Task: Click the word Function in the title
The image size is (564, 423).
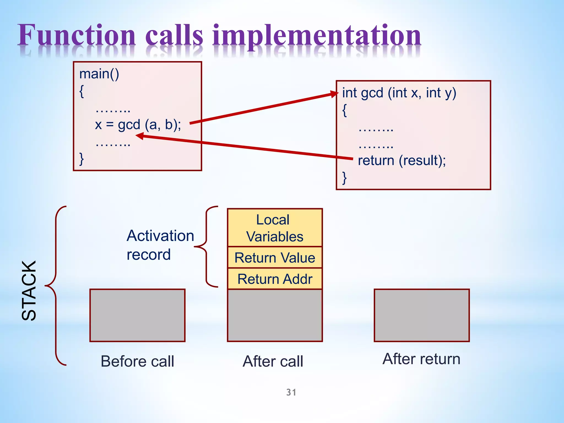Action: pyautogui.click(x=77, y=36)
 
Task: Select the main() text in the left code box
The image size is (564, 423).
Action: pyautogui.click(x=99, y=74)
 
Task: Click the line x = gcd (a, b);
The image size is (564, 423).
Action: pyautogui.click(x=138, y=124)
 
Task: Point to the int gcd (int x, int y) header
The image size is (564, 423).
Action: pyautogui.click(x=399, y=93)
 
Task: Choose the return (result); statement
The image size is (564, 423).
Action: pyautogui.click(x=402, y=160)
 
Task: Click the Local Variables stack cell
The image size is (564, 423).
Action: pyautogui.click(x=275, y=228)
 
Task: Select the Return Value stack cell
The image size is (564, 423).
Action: pyautogui.click(x=275, y=258)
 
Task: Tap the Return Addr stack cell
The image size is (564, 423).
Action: pyautogui.click(x=275, y=279)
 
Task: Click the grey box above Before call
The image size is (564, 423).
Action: pyautogui.click(x=137, y=315)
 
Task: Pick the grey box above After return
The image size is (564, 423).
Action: pyautogui.click(x=422, y=315)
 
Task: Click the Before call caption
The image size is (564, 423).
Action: pyautogui.click(x=137, y=361)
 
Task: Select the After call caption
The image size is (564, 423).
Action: pyautogui.click(x=273, y=361)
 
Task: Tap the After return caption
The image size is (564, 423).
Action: pyautogui.click(x=421, y=359)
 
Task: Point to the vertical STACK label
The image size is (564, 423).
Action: pyautogui.click(x=29, y=291)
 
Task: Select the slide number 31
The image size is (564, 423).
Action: pyautogui.click(x=291, y=392)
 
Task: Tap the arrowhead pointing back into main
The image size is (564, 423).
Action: pyautogui.click(x=140, y=136)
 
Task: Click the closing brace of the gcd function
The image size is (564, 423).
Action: pyautogui.click(x=344, y=178)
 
